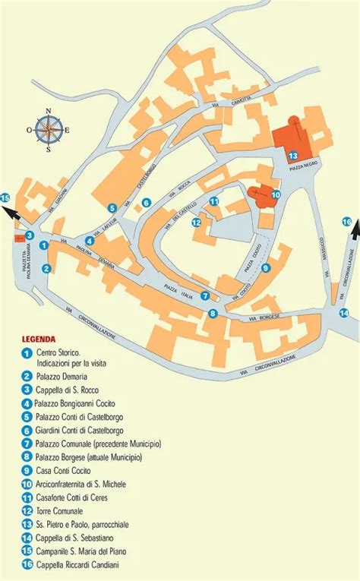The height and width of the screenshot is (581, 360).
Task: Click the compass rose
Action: pos(49,130)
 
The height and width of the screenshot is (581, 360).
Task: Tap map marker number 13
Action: pos(292,155)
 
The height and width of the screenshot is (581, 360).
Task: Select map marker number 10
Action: pos(276,194)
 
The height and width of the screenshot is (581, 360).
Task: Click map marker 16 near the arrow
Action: pos(347,222)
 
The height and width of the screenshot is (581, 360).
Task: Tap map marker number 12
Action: pos(196,223)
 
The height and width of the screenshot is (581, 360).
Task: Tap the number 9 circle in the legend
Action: pos(27,471)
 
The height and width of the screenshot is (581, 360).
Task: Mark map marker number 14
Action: pos(344,313)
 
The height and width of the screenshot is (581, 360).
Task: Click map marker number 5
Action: pos(112,207)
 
